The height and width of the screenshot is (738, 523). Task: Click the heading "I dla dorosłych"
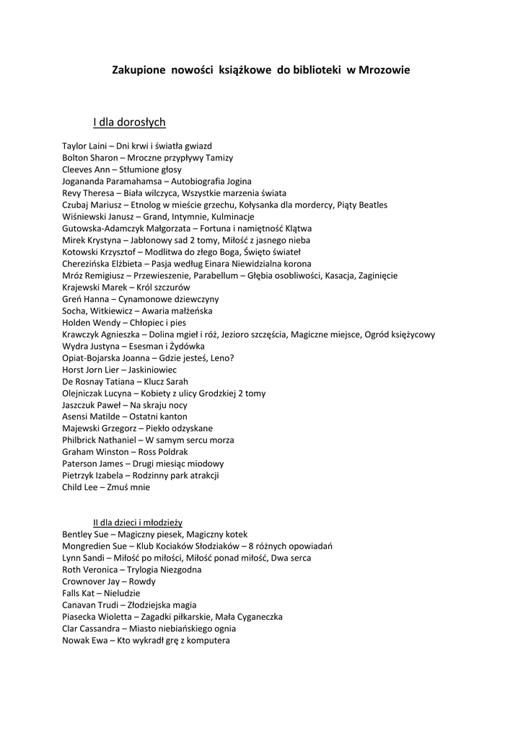(129, 122)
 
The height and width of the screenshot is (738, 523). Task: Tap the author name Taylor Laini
(84, 146)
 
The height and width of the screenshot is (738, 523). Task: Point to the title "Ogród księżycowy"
(400, 334)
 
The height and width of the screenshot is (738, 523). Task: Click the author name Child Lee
(80, 487)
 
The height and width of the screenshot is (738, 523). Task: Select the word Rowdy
(142, 581)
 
